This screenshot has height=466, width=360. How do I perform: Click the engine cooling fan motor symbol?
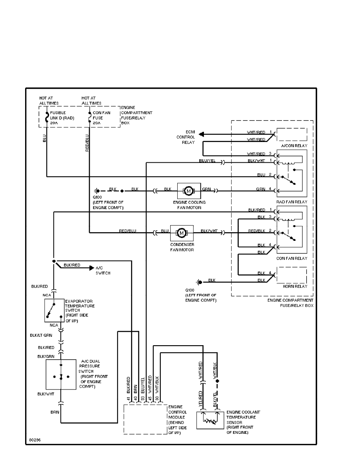coord(189,191)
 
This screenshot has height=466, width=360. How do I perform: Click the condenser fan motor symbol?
coord(181,233)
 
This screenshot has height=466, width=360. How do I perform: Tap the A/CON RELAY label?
coord(292,146)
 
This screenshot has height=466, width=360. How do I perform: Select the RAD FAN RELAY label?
coord(292,202)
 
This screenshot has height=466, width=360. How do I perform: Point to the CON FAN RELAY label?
coord(292,258)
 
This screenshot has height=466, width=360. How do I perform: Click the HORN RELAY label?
coord(292,286)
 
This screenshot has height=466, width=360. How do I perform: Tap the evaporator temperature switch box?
coord(55,310)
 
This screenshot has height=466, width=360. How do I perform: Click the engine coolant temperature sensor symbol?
coord(210,420)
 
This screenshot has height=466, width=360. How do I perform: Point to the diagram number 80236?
coord(35,440)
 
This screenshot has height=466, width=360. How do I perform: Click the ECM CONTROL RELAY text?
coord(187,137)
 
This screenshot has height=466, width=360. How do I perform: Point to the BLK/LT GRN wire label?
coord(41,335)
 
